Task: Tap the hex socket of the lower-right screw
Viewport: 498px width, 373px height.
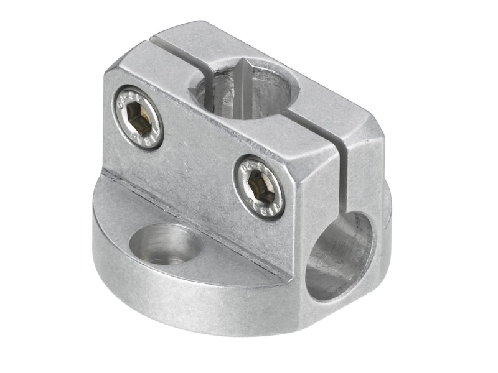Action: point(259,188)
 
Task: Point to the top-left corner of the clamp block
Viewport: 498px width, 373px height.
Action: point(112,68)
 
